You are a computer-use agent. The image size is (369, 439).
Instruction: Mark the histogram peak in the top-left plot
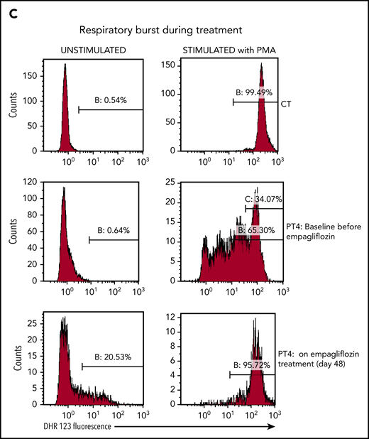coord(65,65)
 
